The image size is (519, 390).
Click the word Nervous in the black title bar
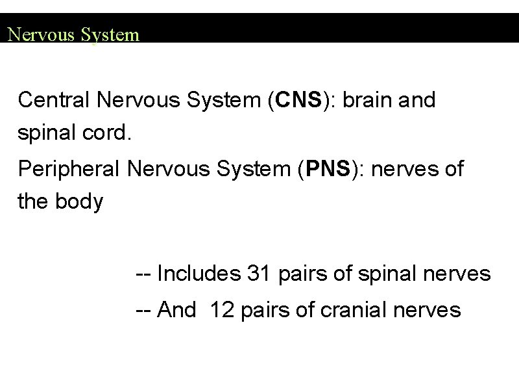tap(42, 34)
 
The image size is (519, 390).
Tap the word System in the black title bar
tap(111, 34)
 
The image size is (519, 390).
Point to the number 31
tap(260, 274)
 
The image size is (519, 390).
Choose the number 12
tap(223, 310)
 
